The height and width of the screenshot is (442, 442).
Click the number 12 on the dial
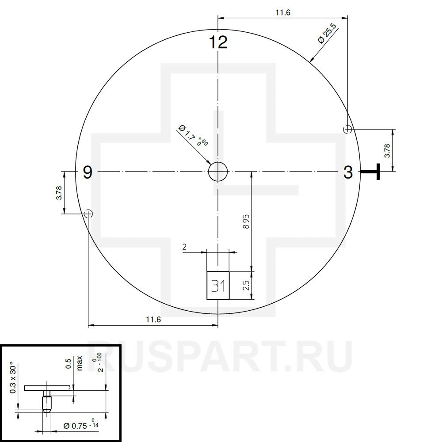point(218,42)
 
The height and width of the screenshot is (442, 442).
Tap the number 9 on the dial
point(88,172)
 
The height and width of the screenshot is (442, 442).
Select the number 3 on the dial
point(348,172)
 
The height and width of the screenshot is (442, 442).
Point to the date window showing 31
point(218,286)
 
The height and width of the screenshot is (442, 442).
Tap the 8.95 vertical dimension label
point(246,221)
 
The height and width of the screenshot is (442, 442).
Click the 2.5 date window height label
point(246,286)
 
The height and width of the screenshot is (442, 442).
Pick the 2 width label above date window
point(184,247)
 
